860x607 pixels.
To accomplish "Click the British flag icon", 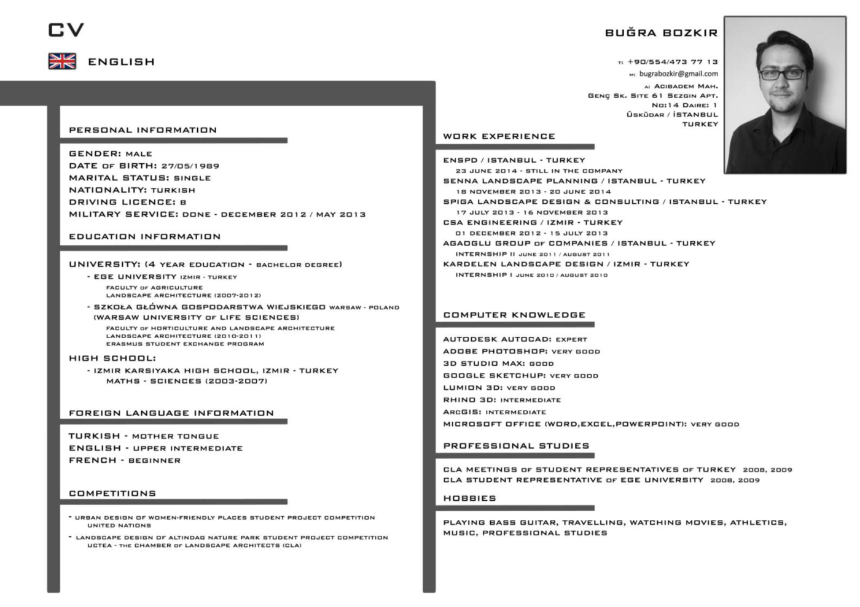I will point(62,61).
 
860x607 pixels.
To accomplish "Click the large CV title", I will point(66,29).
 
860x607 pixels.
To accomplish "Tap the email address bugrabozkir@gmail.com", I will point(678,74).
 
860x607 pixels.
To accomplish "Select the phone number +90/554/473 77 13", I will point(672,62).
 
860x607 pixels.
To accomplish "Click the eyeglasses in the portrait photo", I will point(781,74).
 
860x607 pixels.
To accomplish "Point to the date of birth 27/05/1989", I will point(190,166).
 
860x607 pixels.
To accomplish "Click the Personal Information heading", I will point(143,130).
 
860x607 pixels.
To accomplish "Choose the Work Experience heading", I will point(499,136).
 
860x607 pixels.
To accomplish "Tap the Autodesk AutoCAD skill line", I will point(515,339).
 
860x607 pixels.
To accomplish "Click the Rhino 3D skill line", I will point(502,400).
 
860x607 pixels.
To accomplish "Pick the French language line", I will point(125,460).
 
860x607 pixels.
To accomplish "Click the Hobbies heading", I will point(469,498).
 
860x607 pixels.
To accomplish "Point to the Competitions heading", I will point(112,493).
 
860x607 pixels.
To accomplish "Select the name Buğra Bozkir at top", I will point(661,33).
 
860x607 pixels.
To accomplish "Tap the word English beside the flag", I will point(121,62).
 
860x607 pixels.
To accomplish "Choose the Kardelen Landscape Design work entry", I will point(566,265).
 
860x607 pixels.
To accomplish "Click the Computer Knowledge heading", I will point(514,315).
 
